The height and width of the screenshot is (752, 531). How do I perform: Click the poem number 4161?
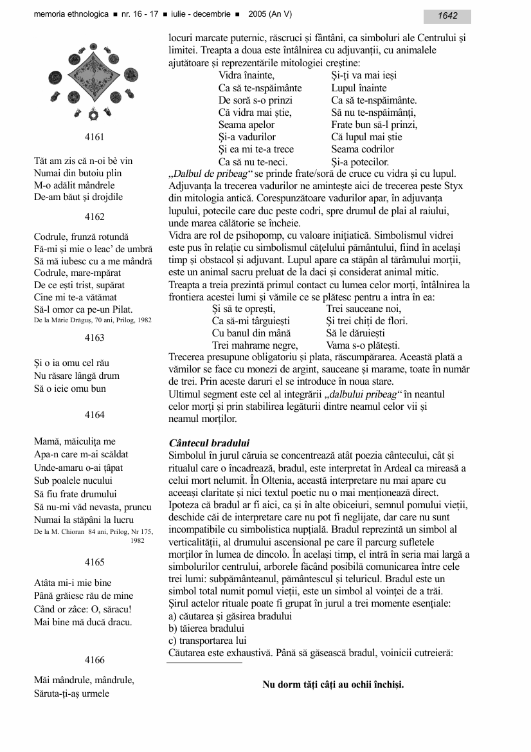point(94,136)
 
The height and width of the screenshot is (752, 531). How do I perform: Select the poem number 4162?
point(94,217)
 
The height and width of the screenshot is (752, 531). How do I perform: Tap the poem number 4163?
point(94,338)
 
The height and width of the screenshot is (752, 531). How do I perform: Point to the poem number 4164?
point(94,415)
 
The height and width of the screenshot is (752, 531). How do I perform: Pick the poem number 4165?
point(94,562)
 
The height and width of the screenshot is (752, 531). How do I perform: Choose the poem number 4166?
point(94,659)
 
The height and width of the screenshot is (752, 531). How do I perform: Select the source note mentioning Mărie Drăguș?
point(93,320)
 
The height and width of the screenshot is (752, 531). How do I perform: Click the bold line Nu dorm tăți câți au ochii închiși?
point(333,684)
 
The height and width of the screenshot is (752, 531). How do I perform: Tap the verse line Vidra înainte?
point(248,75)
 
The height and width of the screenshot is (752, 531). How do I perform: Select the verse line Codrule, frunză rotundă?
point(81,237)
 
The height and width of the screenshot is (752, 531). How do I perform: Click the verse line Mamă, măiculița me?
point(75,441)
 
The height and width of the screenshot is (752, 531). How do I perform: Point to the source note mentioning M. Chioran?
point(93,531)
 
